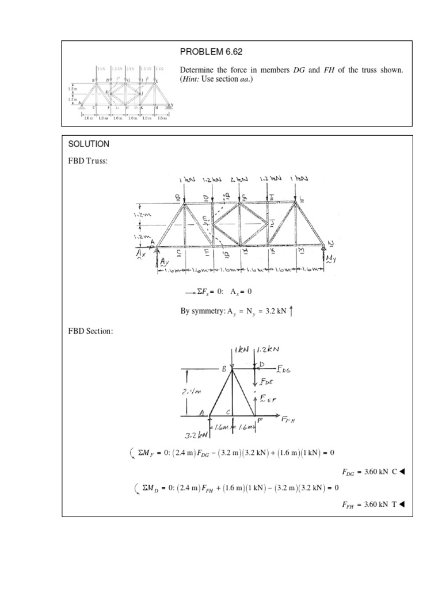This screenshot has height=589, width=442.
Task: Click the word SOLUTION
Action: (x=87, y=143)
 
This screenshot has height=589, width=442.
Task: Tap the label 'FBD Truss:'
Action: (x=87, y=161)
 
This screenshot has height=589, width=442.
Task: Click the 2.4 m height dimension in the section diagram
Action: (x=192, y=392)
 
